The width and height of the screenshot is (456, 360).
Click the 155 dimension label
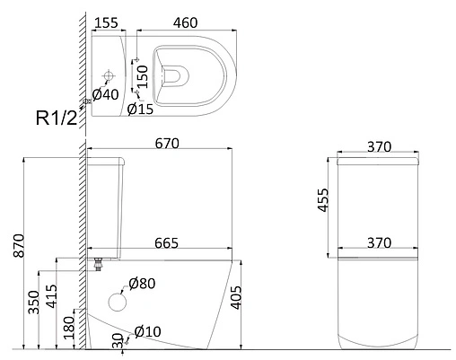(x=107, y=23)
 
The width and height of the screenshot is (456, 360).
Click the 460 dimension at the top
(x=186, y=23)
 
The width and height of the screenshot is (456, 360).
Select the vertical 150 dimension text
(x=144, y=76)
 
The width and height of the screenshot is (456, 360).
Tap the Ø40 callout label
(x=105, y=95)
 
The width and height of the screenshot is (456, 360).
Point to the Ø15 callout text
(x=140, y=110)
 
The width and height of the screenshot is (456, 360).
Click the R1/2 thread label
(x=57, y=118)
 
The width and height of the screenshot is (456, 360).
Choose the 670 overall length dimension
(x=167, y=144)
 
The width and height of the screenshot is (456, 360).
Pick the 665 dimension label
(x=166, y=243)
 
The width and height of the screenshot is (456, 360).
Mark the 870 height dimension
(x=19, y=246)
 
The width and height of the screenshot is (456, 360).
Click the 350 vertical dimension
(x=33, y=303)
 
